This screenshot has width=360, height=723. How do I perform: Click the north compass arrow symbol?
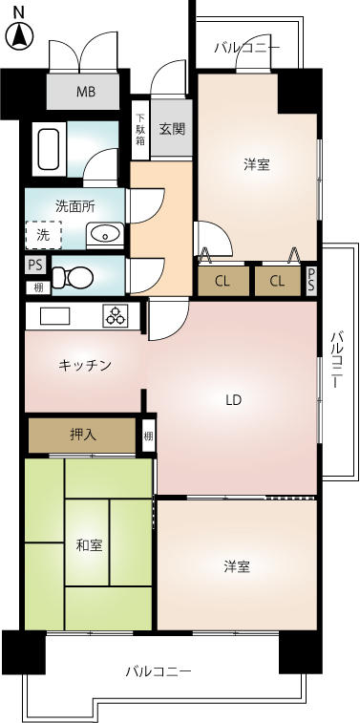18,35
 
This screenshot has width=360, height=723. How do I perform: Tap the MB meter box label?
86,92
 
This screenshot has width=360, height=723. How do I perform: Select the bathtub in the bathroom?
48,149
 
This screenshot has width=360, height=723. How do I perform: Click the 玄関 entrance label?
173,129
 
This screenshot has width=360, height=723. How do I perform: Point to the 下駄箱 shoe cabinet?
140,130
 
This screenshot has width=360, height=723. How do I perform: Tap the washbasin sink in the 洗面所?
106,234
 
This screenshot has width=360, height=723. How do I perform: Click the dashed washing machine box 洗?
43,235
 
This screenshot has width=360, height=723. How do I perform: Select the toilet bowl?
74,277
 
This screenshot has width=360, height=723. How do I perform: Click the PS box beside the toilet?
35,266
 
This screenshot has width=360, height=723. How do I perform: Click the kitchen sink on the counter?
54,316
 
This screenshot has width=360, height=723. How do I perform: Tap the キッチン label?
85,366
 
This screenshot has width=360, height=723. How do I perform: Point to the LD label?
234,400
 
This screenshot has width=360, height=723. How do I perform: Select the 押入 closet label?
83,435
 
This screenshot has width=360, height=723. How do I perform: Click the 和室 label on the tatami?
89,545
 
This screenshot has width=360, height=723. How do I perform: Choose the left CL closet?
223,281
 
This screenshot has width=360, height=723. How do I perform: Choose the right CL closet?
278,281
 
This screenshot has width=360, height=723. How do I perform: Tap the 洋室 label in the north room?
257,164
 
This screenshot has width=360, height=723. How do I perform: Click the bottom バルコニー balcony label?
159,671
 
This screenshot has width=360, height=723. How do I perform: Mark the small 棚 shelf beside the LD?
148,436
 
